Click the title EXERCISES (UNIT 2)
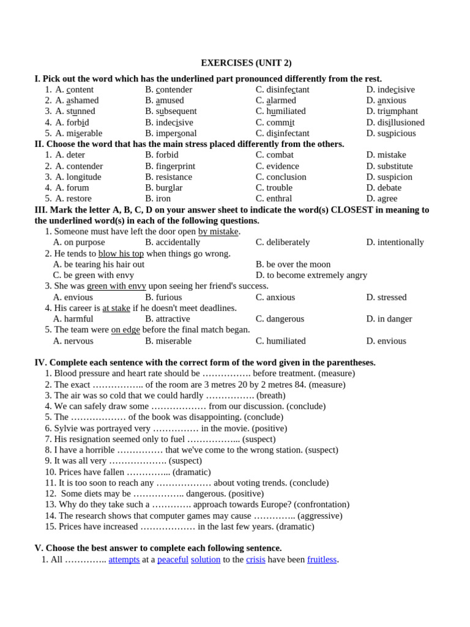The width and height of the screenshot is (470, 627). coord(246,63)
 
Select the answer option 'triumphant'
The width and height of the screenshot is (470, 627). coord(397,111)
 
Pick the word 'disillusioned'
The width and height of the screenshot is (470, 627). coord(401,122)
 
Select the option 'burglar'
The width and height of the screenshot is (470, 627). coord(169,188)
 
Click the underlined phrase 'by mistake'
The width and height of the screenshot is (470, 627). coord(218,231)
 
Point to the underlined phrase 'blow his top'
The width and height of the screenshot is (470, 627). coord(121,253)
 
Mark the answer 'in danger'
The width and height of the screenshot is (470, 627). coord(394,319)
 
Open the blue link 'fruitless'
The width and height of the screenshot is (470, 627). coord(322,560)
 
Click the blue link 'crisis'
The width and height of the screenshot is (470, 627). coord(255,560)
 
